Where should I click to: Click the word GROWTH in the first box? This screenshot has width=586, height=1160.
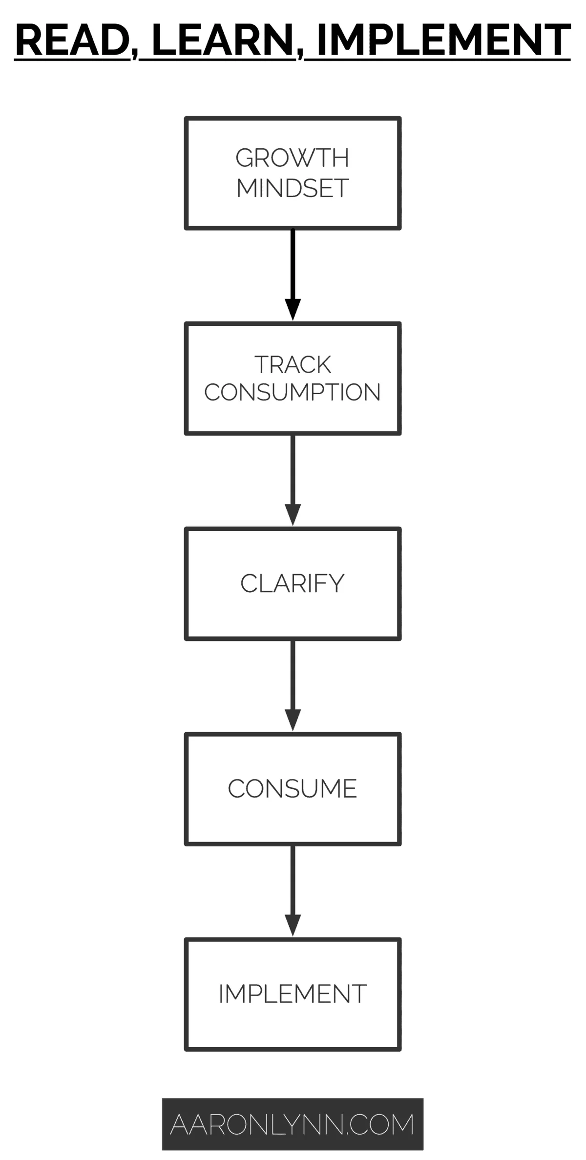tap(293, 158)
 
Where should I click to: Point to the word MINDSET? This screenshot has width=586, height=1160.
tap(293, 188)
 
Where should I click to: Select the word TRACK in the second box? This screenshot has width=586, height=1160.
tap(293, 364)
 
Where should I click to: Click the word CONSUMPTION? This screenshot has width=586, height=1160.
tap(293, 392)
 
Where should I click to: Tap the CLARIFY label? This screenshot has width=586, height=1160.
tap(293, 583)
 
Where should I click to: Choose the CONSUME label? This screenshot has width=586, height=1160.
tap(293, 789)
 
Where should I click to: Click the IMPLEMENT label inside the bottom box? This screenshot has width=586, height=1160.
tap(293, 994)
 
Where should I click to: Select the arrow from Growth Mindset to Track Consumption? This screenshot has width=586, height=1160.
tap(293, 268)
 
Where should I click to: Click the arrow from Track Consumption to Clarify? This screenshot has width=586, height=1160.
tap(293, 473)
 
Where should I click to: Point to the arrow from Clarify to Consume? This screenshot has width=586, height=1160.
tap(293, 678)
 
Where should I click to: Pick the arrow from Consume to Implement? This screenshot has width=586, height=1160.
tap(293, 883)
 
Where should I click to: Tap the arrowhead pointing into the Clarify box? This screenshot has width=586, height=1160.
tap(293, 515)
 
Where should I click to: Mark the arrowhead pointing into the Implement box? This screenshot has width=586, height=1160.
tap(293, 925)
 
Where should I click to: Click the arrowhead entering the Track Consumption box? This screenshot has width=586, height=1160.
tap(293, 310)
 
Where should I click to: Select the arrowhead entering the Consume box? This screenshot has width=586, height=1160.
tap(293, 720)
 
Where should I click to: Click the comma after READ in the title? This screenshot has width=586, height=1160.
tap(134, 54)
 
